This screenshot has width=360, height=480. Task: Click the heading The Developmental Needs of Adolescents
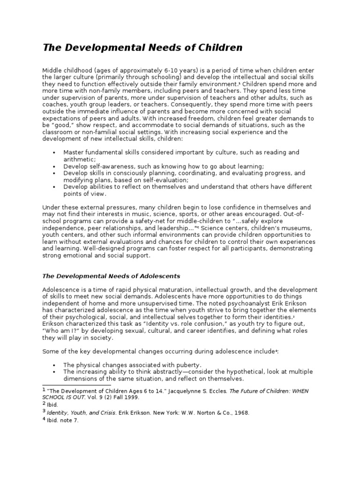tap(112, 276)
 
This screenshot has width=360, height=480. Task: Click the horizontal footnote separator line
tap(70, 385)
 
